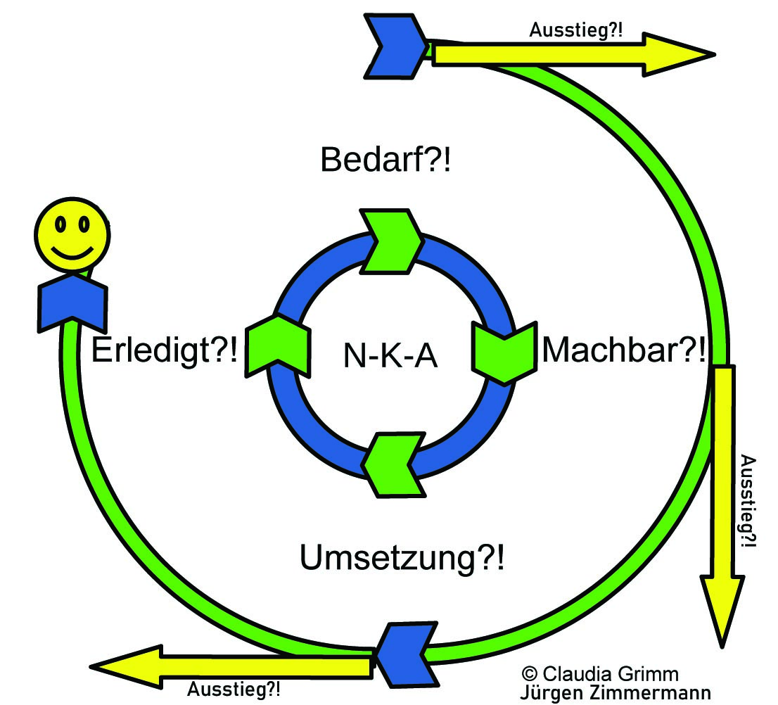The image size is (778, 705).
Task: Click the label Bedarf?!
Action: pyautogui.click(x=385, y=161)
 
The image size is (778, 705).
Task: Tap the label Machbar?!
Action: pyautogui.click(x=623, y=349)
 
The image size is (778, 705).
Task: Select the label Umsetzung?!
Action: pyautogui.click(x=402, y=559)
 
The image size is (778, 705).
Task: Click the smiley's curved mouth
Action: pyautogui.click(x=72, y=251)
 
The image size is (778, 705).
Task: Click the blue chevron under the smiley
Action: pyautogui.click(x=72, y=303)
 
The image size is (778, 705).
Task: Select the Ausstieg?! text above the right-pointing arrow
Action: pyautogui.click(x=575, y=30)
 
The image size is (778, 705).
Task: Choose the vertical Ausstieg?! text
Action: pyautogui.click(x=750, y=501)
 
